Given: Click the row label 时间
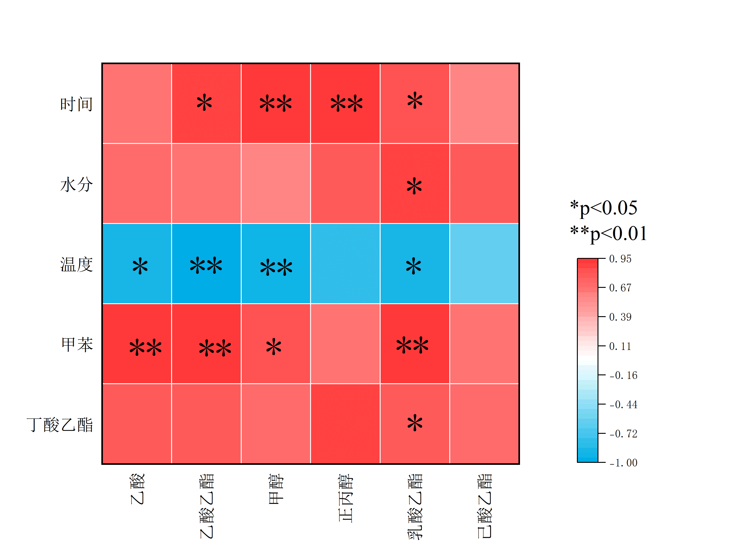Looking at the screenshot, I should point(76,104).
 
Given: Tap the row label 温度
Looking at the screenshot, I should point(76,265).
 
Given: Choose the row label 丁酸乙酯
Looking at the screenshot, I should point(60,425).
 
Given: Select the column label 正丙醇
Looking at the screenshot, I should point(346,498).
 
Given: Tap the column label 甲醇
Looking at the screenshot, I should point(276,489).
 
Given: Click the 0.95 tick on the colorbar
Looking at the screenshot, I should point(620,259).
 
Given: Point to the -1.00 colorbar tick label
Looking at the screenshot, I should point(623,463).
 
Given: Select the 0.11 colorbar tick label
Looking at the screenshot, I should point(620,346).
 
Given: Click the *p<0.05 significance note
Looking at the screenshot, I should point(603,208).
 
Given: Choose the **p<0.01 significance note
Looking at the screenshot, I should point(608,233).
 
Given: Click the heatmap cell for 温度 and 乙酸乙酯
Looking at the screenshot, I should point(206,264).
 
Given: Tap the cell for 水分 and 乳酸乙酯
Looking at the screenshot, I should point(415,184).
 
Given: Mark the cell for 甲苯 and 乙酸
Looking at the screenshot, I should point(137,344).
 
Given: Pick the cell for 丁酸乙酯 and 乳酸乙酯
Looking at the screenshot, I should point(415,424).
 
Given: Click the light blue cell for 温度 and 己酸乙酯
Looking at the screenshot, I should point(484,264).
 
